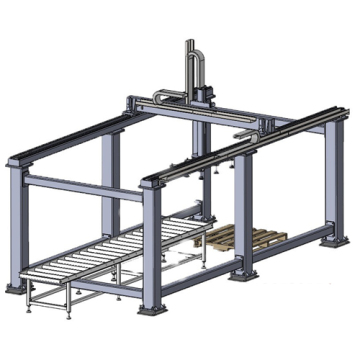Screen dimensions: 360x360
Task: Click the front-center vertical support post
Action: (151, 245)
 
